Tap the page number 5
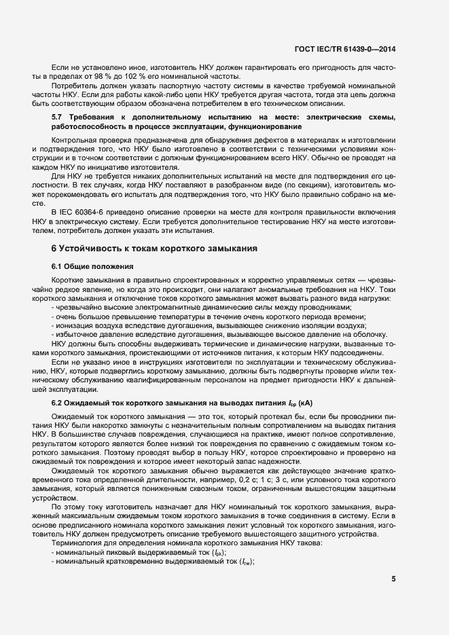393,579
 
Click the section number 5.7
58,118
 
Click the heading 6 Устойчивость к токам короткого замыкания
154,249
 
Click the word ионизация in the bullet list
77,325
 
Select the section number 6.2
58,403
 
